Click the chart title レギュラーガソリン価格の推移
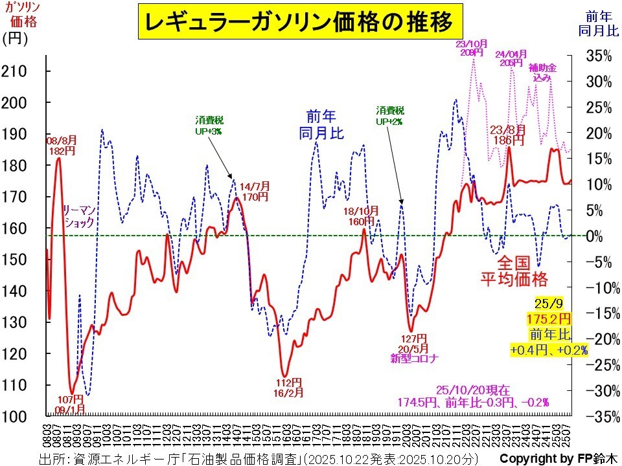coord(301,23)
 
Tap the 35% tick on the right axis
coord(598,56)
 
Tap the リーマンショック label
coord(78,216)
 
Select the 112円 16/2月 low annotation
coord(288,386)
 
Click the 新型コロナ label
coord(415,359)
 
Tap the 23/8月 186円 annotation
coord(508,134)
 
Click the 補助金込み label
coord(542,72)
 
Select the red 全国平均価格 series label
coord(514,271)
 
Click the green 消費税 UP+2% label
coord(390,115)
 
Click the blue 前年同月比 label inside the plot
coord(321,124)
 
